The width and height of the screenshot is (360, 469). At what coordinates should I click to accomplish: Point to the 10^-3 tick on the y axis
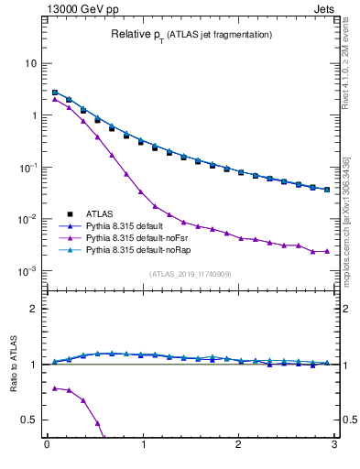click(27, 272)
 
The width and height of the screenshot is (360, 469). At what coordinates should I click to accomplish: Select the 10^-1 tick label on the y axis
click(27, 168)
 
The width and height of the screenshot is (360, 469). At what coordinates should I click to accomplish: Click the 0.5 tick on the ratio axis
click(29, 420)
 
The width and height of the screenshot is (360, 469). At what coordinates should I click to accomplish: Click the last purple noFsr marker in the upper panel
click(327, 250)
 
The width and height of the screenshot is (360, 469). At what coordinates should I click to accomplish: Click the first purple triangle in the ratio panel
click(55, 388)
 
